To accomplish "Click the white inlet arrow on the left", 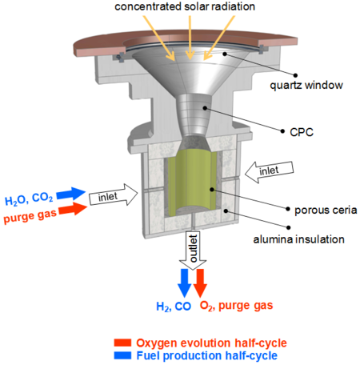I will click(x=109, y=195).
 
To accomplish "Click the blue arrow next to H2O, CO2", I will click(x=72, y=195).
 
